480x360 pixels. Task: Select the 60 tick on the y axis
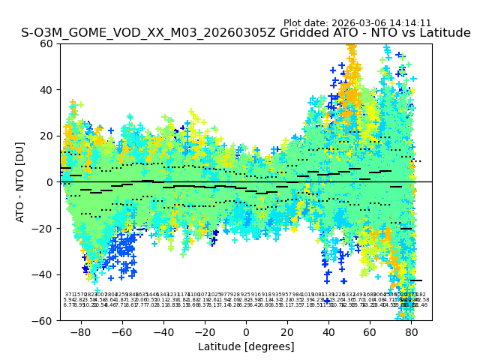60,43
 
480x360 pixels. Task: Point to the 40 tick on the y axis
60,90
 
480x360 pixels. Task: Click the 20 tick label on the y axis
47,136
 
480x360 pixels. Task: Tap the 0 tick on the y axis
60,182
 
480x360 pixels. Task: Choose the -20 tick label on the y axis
44,228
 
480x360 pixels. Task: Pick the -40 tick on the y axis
60,274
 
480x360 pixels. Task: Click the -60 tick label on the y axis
44,320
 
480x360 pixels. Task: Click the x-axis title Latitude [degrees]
246,346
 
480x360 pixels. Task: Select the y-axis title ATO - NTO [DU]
21,182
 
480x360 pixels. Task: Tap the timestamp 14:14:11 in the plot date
409,23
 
